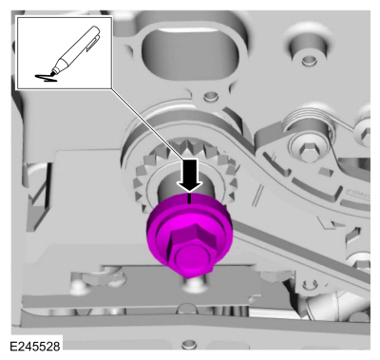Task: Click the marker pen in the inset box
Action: [76, 49]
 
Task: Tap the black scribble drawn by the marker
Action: [47, 77]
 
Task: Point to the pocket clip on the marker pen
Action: [92, 43]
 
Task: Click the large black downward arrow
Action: [189, 175]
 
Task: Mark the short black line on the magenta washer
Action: [189, 199]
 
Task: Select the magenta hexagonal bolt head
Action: [190, 241]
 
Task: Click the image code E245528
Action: [35, 346]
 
